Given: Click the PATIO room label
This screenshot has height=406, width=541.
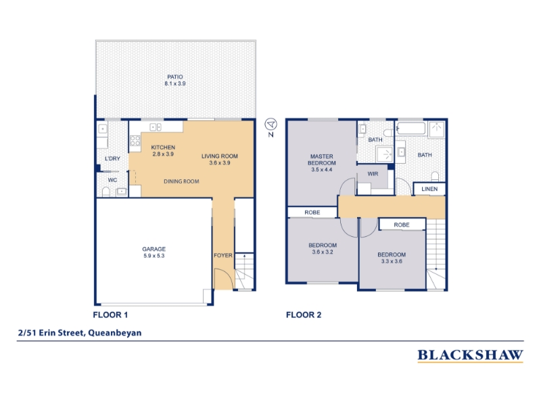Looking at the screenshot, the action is click(175, 76).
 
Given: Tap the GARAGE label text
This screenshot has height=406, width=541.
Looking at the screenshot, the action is click(154, 249).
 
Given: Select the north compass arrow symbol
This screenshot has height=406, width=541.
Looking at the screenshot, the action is click(271, 124).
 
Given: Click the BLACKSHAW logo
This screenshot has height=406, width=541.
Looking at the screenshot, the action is click(470, 355).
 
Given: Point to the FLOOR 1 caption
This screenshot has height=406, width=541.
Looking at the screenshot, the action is click(110, 315).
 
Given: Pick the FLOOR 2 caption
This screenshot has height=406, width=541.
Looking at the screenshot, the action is click(304, 315).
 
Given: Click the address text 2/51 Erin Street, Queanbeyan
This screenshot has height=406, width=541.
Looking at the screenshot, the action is click(80, 333).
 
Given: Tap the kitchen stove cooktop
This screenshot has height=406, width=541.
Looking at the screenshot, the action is click(135, 141).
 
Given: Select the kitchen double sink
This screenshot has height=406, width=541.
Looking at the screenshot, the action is click(156, 127).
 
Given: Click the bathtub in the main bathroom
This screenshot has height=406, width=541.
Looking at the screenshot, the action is click(411, 128).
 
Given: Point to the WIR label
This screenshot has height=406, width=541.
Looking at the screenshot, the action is click(373, 174).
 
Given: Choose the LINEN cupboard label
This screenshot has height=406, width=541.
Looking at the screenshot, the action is click(429, 189).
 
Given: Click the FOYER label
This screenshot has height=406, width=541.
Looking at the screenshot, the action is click(223, 256).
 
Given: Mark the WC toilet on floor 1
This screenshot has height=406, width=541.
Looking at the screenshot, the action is click(106, 191).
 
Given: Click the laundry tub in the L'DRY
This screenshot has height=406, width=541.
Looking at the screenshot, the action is click(103, 129).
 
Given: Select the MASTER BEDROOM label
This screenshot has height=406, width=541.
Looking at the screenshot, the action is click(322, 160).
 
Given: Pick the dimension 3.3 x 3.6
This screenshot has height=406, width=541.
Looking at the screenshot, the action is click(392, 261).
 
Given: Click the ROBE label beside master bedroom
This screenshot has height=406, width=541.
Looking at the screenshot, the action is click(312, 212).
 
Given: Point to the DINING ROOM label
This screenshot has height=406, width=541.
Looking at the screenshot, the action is click(181, 181).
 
